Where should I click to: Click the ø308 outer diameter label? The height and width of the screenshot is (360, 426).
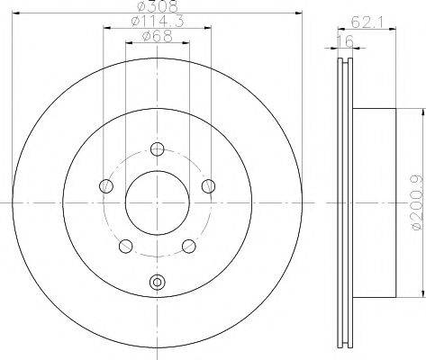(x=158, y=6)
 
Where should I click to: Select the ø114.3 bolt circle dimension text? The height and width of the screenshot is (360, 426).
(x=158, y=22)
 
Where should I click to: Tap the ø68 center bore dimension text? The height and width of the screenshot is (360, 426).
(x=158, y=37)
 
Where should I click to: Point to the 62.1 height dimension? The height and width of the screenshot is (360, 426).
(x=367, y=22)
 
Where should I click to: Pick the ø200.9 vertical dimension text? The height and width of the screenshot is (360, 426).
(x=417, y=203)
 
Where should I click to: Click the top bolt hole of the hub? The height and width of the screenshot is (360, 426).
(x=157, y=149)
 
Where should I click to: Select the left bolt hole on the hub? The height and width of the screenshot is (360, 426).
(x=106, y=186)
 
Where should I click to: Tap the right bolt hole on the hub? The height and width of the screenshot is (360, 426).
(x=208, y=186)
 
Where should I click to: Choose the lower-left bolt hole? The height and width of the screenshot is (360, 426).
(x=126, y=246)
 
